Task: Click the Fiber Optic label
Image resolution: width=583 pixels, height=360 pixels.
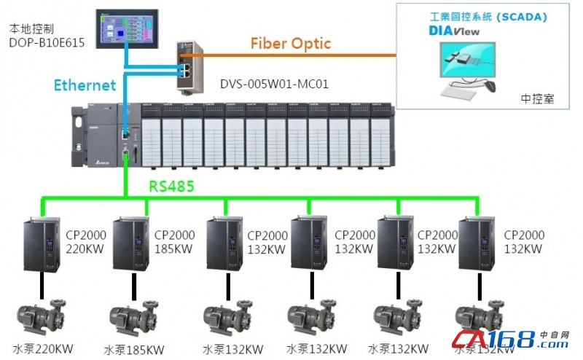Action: (x=291, y=43)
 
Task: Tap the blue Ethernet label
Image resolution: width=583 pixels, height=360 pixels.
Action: (x=85, y=85)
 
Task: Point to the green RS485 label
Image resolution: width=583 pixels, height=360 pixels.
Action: (x=171, y=186)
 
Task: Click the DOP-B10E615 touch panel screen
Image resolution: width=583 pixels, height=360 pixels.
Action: (x=130, y=28)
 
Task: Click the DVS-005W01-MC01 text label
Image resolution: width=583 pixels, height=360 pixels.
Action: (x=274, y=85)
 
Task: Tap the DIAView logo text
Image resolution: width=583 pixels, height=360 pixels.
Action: (x=454, y=31)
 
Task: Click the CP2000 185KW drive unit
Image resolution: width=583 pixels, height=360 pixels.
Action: (x=131, y=245)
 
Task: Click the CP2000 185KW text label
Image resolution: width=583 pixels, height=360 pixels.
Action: (x=174, y=241)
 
